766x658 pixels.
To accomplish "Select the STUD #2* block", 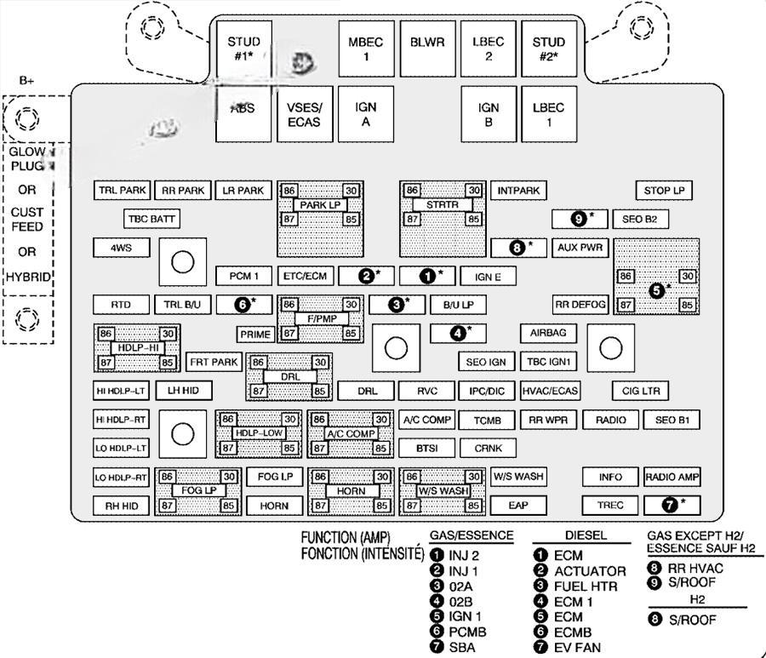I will point(549,49).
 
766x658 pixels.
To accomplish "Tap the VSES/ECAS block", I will point(304,115).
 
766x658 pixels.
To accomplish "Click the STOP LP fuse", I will point(664,191).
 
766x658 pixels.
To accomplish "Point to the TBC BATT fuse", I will point(152,219).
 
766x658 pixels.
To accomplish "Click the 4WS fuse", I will point(120,249).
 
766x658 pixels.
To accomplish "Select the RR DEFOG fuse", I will point(580,304).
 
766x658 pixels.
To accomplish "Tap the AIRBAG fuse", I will point(547,333).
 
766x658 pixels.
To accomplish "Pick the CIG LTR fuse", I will point(641,391).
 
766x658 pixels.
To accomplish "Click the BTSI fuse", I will point(426,448).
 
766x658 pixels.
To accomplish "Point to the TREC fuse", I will point(610,505).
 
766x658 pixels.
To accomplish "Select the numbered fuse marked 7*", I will point(672,505).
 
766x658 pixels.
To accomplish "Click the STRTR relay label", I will point(443,205).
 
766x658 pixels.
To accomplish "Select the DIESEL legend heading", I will point(586,535).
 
